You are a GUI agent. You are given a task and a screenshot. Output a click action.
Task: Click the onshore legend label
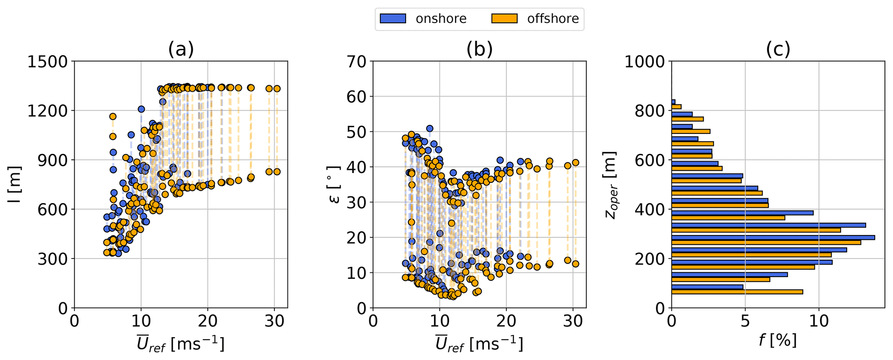[441, 19]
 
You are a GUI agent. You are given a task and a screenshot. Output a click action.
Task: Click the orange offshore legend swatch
[504, 19]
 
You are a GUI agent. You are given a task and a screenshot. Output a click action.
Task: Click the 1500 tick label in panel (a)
[48, 62]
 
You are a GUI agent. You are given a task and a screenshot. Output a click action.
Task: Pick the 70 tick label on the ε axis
[357, 62]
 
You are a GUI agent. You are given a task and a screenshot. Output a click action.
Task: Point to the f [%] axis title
[778, 341]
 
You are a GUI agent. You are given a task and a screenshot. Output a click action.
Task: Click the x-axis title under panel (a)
[181, 344]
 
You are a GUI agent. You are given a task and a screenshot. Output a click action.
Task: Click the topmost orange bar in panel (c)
[677, 107]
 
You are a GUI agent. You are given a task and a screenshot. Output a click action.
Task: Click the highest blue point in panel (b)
[429, 128]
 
